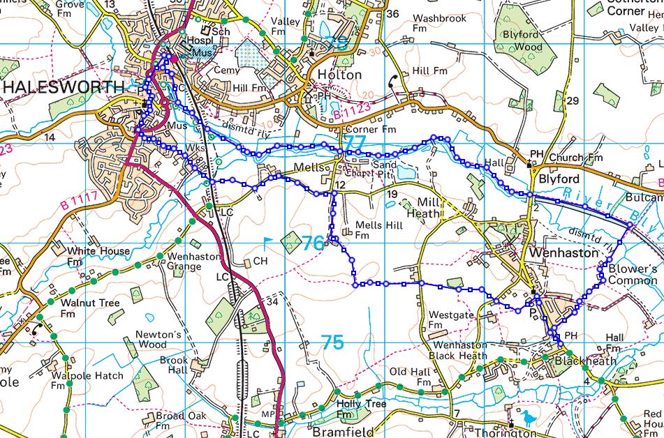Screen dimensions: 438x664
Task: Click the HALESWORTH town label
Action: (x=64, y=87)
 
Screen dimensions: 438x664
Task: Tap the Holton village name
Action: (x=339, y=75)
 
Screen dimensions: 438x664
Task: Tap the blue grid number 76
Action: (x=313, y=243)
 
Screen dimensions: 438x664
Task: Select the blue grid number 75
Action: (x=332, y=342)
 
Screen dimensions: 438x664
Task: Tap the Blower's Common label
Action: (x=633, y=275)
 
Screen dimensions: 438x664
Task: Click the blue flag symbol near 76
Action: (x=267, y=242)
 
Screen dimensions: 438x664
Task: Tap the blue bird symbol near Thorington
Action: (x=528, y=417)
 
